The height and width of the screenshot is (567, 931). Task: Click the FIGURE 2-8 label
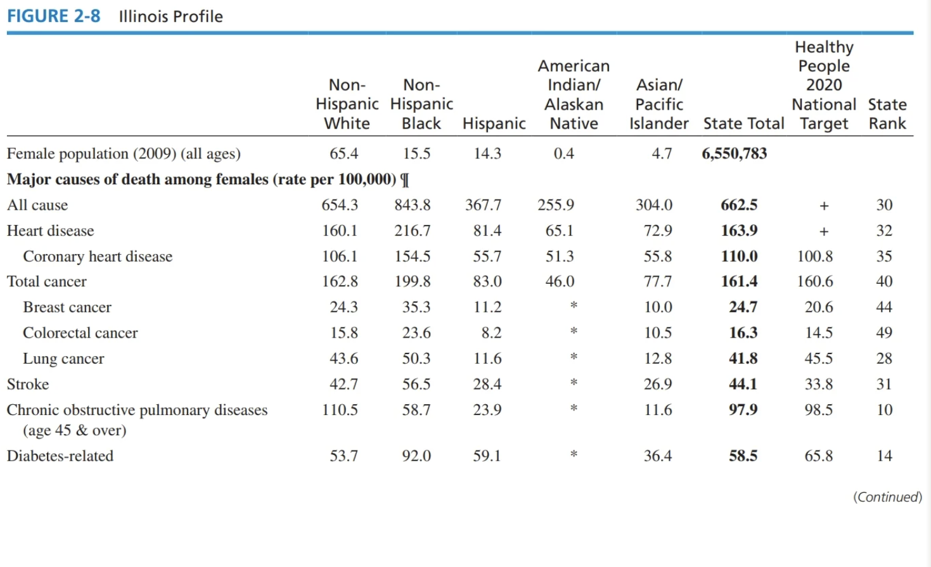coord(53,16)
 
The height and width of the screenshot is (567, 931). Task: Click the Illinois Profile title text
coord(170,16)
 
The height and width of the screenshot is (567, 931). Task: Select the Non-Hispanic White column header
coord(347,104)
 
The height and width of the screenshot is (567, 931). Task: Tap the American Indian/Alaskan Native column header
coord(574,94)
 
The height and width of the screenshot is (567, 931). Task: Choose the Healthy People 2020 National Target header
coord(823,85)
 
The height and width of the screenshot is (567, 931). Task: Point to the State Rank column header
coord(887,113)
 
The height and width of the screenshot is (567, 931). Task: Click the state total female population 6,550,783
coord(734,153)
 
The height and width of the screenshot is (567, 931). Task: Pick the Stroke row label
coord(28,384)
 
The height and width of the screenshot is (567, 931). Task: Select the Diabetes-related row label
coord(60,456)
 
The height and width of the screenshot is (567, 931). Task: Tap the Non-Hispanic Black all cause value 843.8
coord(412,205)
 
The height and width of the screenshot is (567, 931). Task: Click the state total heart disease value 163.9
coord(739,231)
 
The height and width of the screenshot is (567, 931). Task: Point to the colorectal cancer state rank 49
coord(884,333)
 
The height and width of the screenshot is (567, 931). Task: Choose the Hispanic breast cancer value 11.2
coord(487,307)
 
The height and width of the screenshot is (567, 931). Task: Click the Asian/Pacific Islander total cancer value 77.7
coord(658,281)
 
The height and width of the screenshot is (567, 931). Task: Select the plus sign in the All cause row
coord(823,205)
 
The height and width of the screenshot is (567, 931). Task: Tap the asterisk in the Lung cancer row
coord(574,357)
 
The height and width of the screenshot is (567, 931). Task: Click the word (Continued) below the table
coord(887,497)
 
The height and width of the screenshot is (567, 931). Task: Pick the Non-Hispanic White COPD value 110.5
coord(340,410)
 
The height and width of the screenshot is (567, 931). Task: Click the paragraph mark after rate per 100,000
coord(406,180)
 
